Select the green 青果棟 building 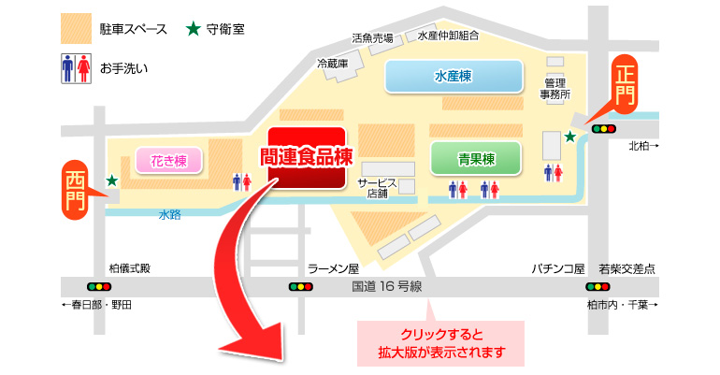476,158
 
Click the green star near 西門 111,180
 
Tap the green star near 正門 569,137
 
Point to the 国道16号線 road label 388,286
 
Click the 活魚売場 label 372,38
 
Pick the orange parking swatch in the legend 74,27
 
